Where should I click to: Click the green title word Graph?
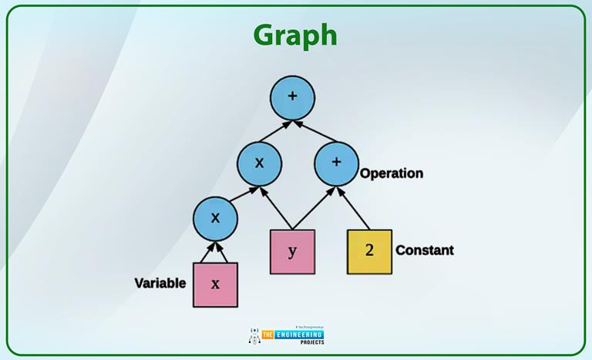[x=295, y=35]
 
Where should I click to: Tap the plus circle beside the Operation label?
[x=336, y=163]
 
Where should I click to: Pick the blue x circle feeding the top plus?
[x=259, y=163]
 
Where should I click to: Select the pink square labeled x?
[x=215, y=284]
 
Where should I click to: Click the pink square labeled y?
[x=292, y=251]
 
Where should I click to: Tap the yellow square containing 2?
[x=368, y=251]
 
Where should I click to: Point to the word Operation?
[x=392, y=173]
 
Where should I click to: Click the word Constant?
[x=424, y=251]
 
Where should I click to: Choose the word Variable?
[x=160, y=283]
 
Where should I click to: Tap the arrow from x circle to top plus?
[x=276, y=131]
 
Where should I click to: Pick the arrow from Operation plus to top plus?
[x=314, y=131]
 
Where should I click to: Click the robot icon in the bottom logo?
[x=254, y=335]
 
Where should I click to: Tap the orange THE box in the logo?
[x=269, y=335]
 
